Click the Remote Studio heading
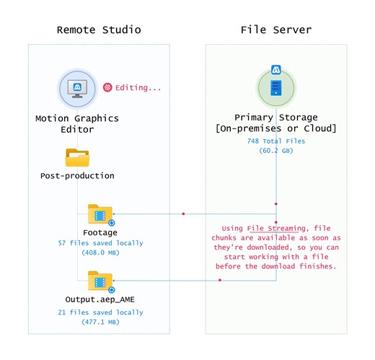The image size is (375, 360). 99,30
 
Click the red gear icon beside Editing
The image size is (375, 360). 108,87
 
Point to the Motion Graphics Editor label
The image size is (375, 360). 77,124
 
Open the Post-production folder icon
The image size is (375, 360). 77,157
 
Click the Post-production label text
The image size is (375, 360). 77,175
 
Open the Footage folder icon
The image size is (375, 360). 100,214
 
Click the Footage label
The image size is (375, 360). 100,233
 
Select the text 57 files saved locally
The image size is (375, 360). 100,244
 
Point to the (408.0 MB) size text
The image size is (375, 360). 100,254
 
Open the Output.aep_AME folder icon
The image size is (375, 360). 100,280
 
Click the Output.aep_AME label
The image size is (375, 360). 100,299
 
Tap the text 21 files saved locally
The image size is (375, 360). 100,312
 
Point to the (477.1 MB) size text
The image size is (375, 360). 100,322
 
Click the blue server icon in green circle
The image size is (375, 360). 275,88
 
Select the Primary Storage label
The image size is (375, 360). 275,118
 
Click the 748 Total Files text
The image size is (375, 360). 275,141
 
